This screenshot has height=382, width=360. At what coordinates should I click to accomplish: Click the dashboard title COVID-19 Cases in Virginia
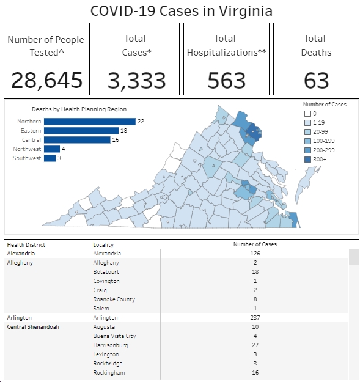click(182, 11)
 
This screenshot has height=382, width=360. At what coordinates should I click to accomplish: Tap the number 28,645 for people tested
click(47, 81)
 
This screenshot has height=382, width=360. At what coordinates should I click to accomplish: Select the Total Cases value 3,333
click(137, 81)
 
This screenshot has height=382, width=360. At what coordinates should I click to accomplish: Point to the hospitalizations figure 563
click(227, 81)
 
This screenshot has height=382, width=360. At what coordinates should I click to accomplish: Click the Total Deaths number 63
click(317, 81)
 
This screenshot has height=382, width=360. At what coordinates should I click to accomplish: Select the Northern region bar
click(90, 122)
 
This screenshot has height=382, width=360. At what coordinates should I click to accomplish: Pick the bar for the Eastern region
click(81, 131)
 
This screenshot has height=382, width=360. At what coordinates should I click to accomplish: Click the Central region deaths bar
click(77, 140)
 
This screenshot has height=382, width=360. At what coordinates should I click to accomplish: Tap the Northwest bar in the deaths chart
click(52, 149)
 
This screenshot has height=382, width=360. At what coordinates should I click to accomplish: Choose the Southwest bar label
click(27, 158)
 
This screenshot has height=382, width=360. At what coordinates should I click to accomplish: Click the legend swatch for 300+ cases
click(307, 160)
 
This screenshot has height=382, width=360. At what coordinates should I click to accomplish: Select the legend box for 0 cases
click(307, 114)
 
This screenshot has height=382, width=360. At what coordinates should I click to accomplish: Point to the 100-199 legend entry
click(319, 141)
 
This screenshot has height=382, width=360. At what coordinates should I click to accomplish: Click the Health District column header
click(26, 245)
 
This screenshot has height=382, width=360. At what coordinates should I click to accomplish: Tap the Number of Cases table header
click(255, 244)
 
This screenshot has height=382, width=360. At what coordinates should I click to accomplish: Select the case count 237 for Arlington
click(255, 318)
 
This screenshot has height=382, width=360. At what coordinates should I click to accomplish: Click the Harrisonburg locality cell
click(111, 345)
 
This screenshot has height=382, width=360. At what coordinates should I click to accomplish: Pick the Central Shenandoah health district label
click(33, 327)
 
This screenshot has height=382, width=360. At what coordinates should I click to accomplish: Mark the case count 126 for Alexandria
click(255, 254)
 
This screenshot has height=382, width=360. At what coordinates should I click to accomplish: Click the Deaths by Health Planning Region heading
click(79, 109)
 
